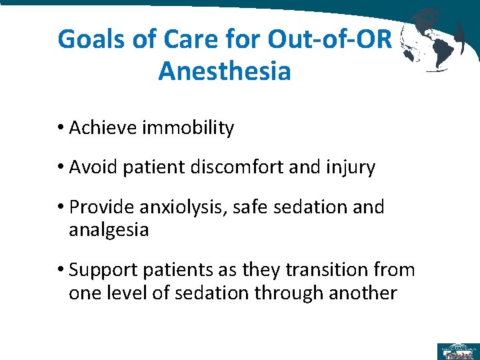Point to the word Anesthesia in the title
click(225, 70)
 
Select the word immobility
click(188, 128)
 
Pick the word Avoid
click(93, 167)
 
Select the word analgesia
click(109, 231)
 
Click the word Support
click(103, 270)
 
